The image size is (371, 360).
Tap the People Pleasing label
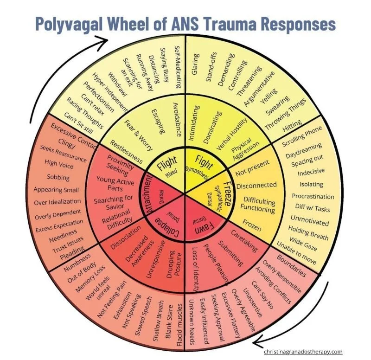[x=218, y=264]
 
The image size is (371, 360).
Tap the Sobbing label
[x=58, y=177]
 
